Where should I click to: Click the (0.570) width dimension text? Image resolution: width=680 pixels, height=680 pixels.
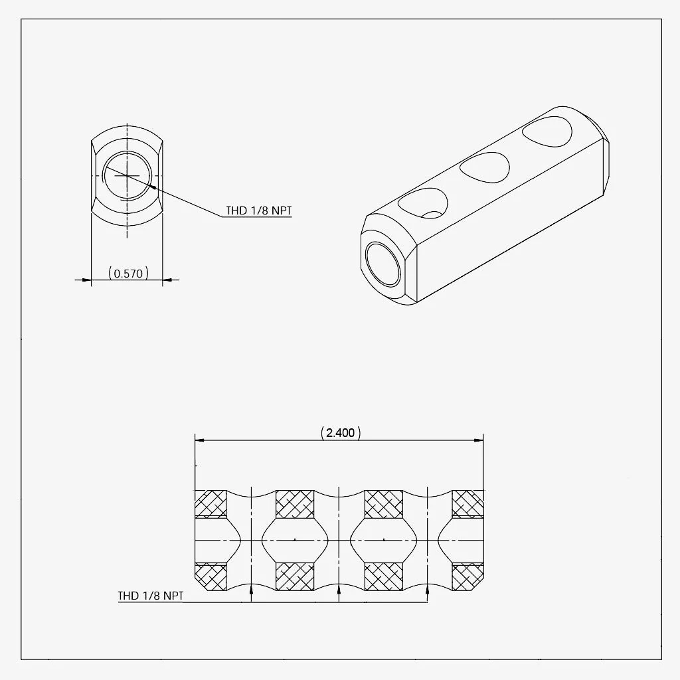(x=128, y=273)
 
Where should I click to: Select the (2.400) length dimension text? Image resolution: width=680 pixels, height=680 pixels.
(x=341, y=432)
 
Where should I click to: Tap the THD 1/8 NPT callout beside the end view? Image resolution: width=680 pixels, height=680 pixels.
(x=259, y=211)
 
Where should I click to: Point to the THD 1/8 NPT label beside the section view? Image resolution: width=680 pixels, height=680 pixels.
(x=151, y=596)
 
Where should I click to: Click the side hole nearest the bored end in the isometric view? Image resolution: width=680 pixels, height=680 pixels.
(x=423, y=203)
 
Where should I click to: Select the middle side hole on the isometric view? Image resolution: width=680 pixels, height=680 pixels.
(x=485, y=167)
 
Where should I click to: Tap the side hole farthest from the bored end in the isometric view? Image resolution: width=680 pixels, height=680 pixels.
(x=547, y=131)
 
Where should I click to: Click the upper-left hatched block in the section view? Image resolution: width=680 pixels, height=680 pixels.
(x=211, y=504)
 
